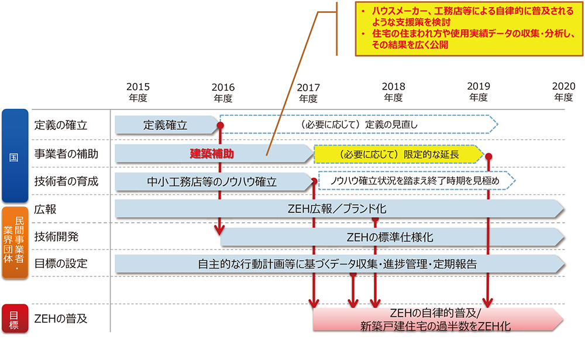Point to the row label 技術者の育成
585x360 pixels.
66,181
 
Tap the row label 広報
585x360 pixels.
44,209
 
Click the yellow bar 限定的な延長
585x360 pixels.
398,155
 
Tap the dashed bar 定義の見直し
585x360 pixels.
357,125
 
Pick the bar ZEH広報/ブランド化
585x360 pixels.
339,209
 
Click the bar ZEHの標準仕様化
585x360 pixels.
392,237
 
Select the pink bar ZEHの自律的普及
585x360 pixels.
436,320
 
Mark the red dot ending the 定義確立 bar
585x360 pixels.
221,125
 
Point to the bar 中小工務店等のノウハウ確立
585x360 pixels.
214,182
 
